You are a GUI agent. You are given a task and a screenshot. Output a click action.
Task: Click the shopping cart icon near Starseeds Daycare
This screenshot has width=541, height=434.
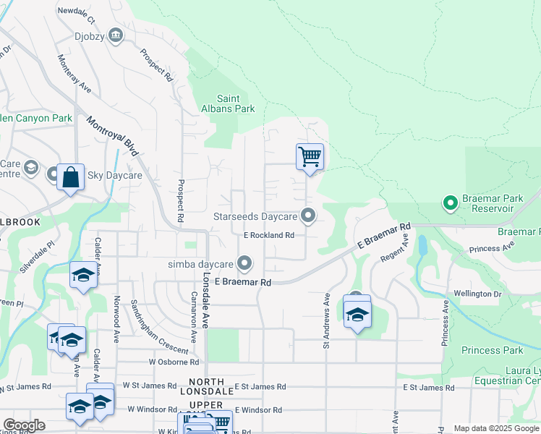coord(310,156)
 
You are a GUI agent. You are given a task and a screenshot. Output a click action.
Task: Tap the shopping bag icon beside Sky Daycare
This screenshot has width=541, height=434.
coord(70,177)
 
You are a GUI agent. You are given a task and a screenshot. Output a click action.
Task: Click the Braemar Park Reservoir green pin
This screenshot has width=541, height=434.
coord(450,203)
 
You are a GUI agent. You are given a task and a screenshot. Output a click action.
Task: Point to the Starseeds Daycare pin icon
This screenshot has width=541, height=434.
coord(308,216)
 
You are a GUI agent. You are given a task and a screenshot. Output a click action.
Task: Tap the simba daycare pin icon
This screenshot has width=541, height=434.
coord(246,263)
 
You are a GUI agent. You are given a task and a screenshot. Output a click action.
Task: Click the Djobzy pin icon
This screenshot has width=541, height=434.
coord(116,35)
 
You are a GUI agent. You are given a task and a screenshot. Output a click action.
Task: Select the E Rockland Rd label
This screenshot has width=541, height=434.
coord(268,235)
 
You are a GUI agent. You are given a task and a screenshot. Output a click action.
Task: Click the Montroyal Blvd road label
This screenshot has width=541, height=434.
coord(111,137)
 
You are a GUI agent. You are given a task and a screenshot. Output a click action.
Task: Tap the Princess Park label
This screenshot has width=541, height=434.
coord(491,350)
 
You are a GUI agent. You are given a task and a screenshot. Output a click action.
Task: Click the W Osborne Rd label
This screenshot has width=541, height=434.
coord(174,362)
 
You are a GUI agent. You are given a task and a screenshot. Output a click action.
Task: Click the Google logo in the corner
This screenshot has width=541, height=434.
coord(24,425)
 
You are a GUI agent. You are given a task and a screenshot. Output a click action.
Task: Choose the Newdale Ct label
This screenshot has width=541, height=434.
coord(76,12)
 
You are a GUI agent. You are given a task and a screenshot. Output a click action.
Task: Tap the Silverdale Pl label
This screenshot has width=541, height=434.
coord(37,257)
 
